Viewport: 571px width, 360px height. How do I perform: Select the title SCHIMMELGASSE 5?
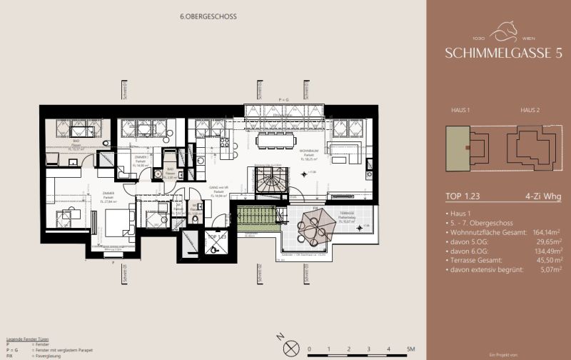pos(497,53)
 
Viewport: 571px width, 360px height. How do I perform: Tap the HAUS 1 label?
pos(460,111)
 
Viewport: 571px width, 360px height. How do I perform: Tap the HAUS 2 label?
pos(529,111)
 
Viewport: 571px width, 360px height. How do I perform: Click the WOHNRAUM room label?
pos(308,151)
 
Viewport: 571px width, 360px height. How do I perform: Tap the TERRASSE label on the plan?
pos(347,213)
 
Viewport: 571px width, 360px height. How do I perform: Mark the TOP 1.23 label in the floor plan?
pos(216,236)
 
